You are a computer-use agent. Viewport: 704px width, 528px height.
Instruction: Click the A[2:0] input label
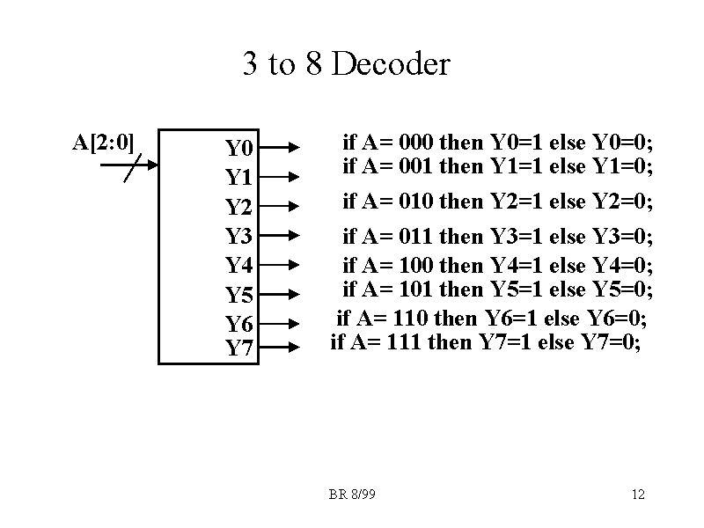tap(102, 141)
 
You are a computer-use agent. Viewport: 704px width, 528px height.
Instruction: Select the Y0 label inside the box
tap(238, 147)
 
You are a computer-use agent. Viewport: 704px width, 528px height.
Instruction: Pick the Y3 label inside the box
tap(238, 236)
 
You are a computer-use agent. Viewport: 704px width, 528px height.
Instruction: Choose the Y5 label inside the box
tap(238, 295)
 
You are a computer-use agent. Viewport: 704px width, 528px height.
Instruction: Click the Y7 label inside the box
tap(238, 348)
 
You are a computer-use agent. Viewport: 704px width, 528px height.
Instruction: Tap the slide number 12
tap(638, 495)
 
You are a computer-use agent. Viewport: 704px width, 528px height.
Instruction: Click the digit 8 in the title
tap(315, 64)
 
